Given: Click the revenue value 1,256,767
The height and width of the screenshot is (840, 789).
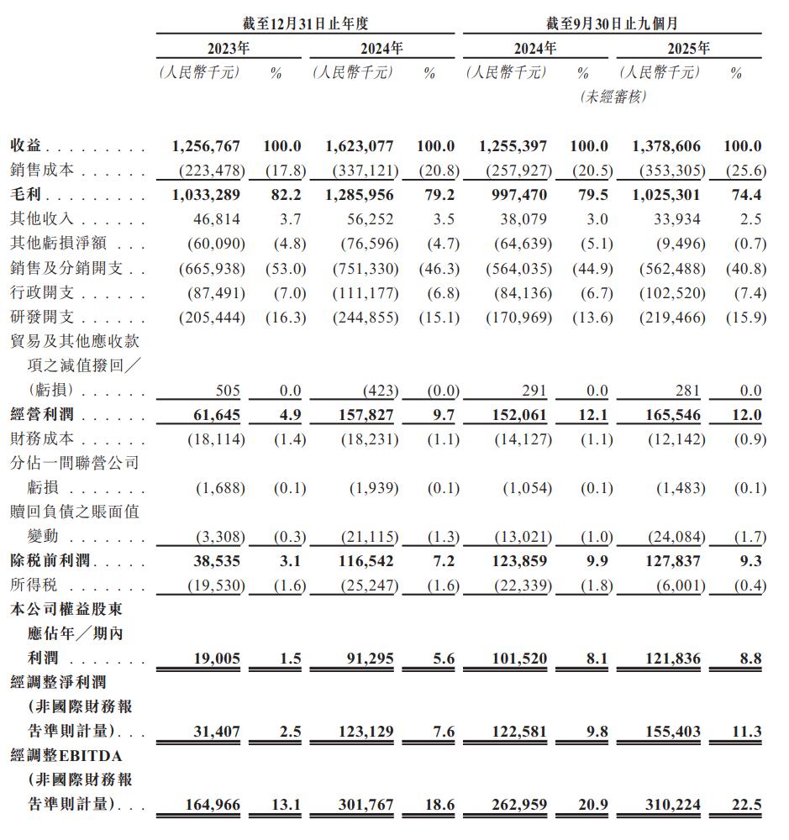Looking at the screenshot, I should click(206, 146).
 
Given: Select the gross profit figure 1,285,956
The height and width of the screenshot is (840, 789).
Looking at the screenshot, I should click(360, 195).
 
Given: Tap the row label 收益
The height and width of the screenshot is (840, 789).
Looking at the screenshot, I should click(26, 146).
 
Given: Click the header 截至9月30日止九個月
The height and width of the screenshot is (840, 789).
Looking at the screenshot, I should click(612, 24).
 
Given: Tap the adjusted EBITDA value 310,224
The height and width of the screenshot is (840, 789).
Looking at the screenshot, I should click(666, 805).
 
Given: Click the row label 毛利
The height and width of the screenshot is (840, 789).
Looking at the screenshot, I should click(26, 195).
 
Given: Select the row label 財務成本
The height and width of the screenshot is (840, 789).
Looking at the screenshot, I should click(42, 438).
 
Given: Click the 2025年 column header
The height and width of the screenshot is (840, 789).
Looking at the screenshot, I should click(688, 48).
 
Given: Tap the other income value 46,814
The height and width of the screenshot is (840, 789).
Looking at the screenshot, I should click(217, 219).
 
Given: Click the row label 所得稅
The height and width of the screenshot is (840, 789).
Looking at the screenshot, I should click(34, 585).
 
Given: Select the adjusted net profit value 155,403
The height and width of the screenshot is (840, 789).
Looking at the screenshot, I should click(666, 732).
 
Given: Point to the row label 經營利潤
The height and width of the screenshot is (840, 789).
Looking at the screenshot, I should click(42, 415).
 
